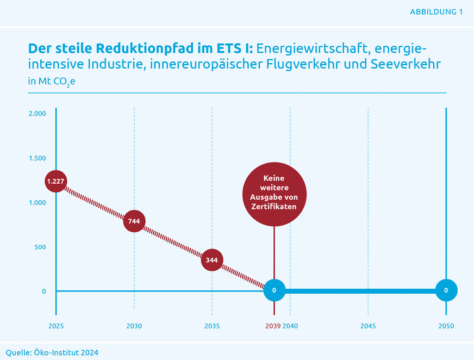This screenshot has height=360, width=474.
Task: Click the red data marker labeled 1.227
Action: (56, 182)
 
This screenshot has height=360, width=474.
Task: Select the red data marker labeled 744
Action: (134, 221)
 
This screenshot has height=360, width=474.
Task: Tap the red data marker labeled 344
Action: (212, 260)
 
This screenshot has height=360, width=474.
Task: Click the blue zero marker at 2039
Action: (274, 290)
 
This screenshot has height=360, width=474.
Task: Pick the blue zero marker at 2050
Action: (446, 290)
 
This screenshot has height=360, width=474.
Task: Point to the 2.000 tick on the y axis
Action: (38, 114)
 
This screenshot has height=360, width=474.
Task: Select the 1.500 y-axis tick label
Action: (38, 158)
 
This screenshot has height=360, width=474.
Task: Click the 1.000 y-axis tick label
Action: (38, 202)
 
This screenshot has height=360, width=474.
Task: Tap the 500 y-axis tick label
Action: (40, 247)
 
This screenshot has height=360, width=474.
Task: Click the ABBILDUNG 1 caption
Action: (436, 11)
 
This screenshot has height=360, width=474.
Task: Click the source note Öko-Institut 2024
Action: (52, 352)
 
